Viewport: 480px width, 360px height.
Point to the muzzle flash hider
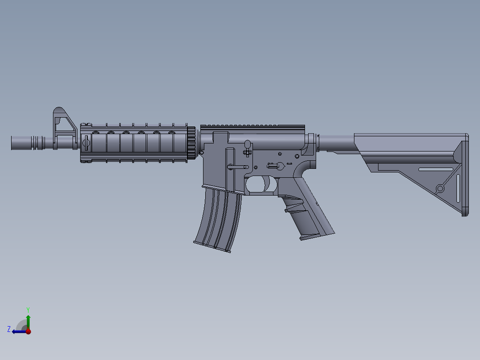37,143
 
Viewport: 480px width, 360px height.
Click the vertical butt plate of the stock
465,178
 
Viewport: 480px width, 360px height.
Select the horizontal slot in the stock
435,169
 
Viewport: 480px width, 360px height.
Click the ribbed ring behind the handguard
191,143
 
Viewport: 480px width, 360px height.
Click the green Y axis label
28,309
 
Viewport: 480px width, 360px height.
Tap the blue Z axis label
9,329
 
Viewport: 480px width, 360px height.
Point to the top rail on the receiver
252,127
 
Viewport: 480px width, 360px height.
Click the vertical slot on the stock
458,187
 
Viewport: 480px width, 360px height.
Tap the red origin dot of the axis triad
28,331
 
